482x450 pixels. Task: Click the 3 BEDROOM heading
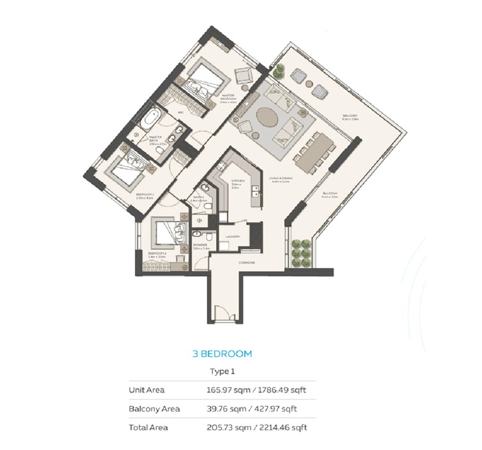tap(222, 354)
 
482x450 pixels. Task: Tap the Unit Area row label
tap(147, 390)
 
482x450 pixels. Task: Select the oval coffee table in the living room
tap(270, 120)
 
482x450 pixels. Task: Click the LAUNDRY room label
tap(233, 237)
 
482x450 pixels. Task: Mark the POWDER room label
tap(199, 246)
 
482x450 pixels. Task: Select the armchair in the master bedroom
tap(245, 76)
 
